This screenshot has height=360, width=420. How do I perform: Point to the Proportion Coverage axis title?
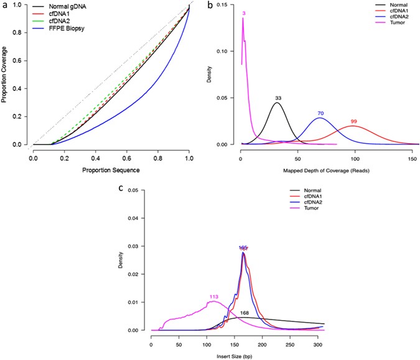(x=6, y=75)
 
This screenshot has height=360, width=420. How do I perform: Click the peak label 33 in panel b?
(x=278, y=98)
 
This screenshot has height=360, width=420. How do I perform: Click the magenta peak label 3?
(x=243, y=12)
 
